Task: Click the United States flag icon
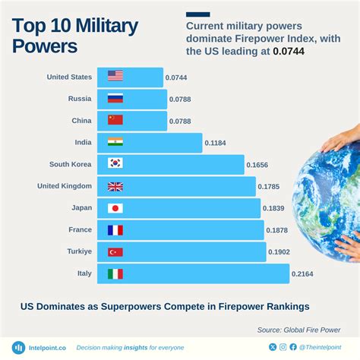pyautogui.click(x=115, y=76)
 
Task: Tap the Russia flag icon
pyautogui.click(x=115, y=98)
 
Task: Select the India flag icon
pyautogui.click(x=115, y=141)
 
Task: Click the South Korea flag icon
pyautogui.click(x=115, y=163)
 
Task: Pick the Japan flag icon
pyautogui.click(x=115, y=208)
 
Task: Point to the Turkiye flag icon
pyautogui.click(x=115, y=252)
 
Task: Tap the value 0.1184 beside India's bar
pyautogui.click(x=216, y=142)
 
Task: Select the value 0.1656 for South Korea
pyautogui.click(x=259, y=164)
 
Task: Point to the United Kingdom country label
pyautogui.click(x=65, y=186)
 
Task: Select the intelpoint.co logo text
pyautogui.click(x=45, y=348)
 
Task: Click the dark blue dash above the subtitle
pyautogui.click(x=197, y=14)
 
